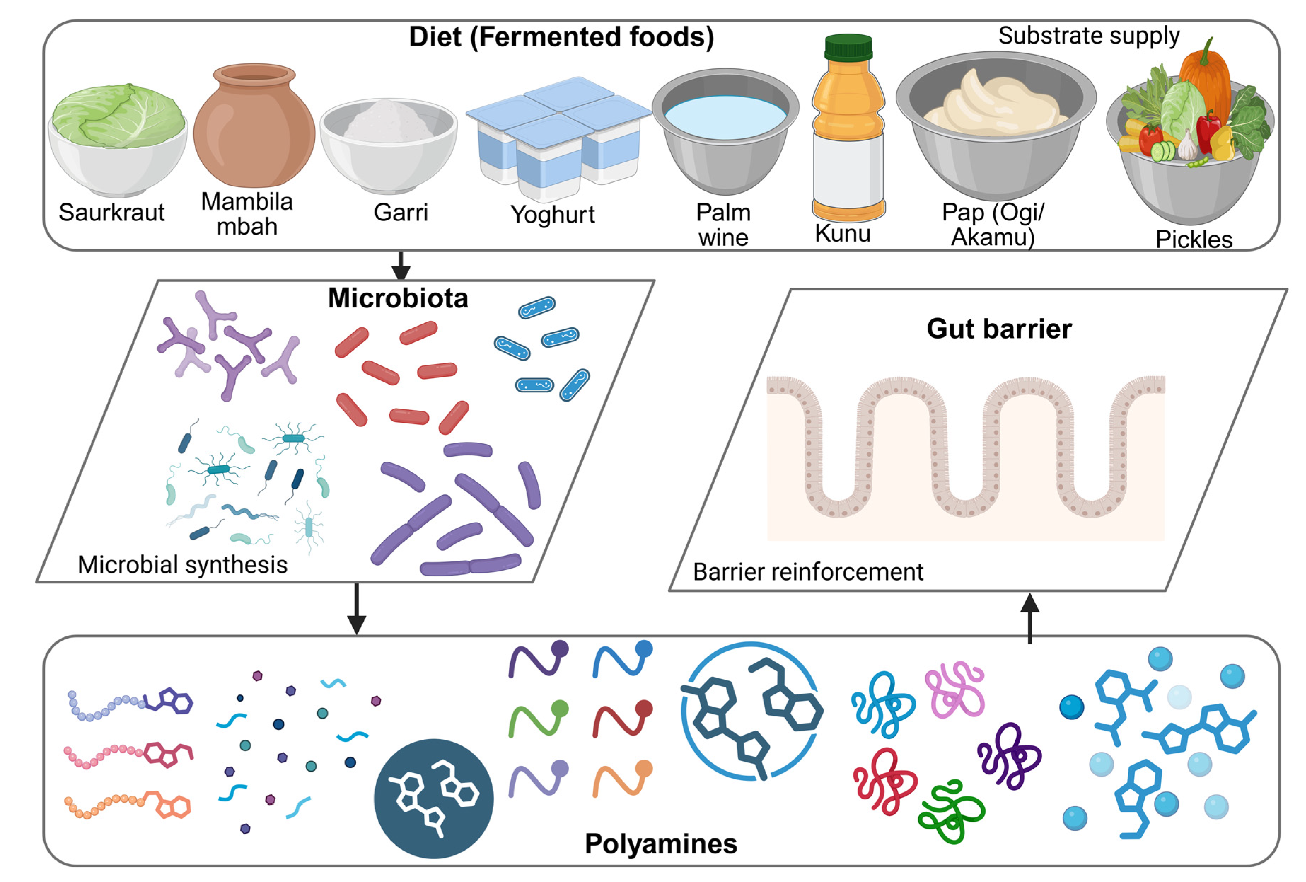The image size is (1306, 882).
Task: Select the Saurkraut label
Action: tap(111, 213)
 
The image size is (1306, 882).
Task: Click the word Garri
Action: tap(401, 213)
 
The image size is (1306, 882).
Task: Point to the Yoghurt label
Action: tap(552, 214)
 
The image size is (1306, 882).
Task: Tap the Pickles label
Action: tap(1194, 240)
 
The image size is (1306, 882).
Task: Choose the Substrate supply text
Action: tap(1089, 35)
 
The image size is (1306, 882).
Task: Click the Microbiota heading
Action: tap(398, 298)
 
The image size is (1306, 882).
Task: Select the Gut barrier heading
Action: tap(999, 329)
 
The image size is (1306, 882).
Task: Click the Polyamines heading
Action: tap(661, 843)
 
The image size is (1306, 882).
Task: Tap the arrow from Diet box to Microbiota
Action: tap(401, 265)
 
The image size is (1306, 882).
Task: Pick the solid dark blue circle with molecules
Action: tap(433, 798)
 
